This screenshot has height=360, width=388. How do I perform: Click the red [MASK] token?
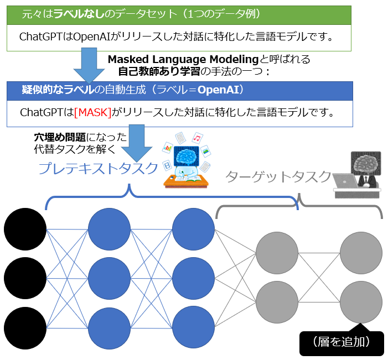pyautogui.click(x=93, y=112)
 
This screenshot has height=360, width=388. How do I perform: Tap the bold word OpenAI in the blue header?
pyautogui.click(x=218, y=90)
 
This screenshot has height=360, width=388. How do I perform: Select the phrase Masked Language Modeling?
pyautogui.click(x=183, y=59)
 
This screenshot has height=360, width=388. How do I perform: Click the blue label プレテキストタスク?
pyautogui.click(x=98, y=168)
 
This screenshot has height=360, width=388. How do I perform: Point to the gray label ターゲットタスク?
pyautogui.click(x=278, y=177)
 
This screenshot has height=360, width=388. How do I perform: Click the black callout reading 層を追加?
pyautogui.click(x=342, y=343)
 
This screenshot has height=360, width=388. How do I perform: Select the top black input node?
pyautogui.click(x=25, y=229)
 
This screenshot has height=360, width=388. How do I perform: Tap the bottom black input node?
pyautogui.click(x=25, y=328)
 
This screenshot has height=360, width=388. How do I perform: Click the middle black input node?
pyautogui.click(x=25, y=278)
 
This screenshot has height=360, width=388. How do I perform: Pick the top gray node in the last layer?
pyautogui.click(x=361, y=253)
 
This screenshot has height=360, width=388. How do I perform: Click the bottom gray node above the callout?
pyautogui.click(x=361, y=302)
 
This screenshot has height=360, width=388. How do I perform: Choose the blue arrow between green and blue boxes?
pyautogui.click(x=89, y=65)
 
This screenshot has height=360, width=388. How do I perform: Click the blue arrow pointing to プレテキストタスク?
pyautogui.click(x=136, y=143)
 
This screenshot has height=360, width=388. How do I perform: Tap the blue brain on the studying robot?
pyautogui.click(x=186, y=156)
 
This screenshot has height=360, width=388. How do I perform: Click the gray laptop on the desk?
pyautogui.click(x=345, y=180)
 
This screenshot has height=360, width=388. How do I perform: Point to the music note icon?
pyautogui.click(x=197, y=138)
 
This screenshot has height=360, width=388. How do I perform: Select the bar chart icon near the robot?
pyautogui.click(x=168, y=148)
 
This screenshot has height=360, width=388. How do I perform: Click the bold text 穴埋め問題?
pyautogui.click(x=60, y=137)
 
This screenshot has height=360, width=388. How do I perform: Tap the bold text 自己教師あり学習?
pyautogui.click(x=159, y=72)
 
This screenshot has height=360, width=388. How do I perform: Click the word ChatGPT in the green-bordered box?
pyautogui.click(x=40, y=37)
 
